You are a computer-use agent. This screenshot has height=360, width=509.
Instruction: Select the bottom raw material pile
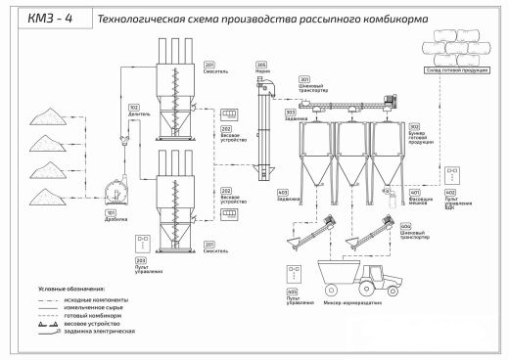(45, 200)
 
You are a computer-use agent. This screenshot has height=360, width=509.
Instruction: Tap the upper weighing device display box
(232, 114)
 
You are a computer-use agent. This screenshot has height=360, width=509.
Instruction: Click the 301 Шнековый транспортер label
(304, 82)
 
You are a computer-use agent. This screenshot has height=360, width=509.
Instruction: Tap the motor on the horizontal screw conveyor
(392, 99)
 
